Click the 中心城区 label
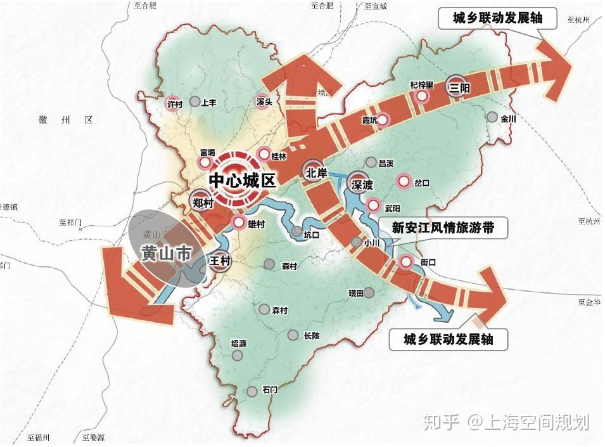coord(243,180)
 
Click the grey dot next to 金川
coord(492,117)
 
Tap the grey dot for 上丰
coord(195,101)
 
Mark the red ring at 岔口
coord(403,182)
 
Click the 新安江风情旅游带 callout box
coord(443,227)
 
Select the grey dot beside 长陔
coord(292,335)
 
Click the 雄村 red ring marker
coord(238,223)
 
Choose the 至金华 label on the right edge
coord(588,303)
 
